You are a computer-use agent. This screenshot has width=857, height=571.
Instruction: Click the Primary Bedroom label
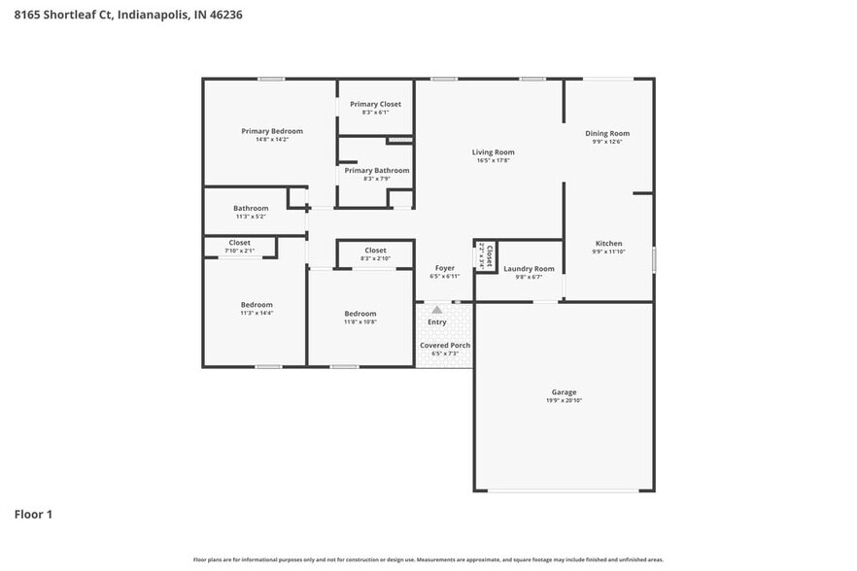(272, 131)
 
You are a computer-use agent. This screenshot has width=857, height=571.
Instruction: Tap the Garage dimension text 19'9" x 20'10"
(565, 400)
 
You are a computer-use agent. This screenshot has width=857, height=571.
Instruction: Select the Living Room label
(493, 151)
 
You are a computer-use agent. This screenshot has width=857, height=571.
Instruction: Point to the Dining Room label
(607, 133)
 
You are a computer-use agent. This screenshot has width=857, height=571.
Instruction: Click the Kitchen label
(608, 243)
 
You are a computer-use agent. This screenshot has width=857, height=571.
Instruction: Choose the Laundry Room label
(529, 268)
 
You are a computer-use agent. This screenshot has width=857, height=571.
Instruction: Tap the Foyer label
(444, 268)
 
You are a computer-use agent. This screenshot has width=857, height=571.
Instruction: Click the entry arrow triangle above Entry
(437, 310)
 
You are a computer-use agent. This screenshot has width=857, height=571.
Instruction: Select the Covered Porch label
(444, 345)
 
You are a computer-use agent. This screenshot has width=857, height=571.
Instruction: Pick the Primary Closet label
(375, 104)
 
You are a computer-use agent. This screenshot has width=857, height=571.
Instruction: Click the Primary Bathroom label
(376, 170)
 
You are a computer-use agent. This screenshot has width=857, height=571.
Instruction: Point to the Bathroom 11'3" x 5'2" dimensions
(251, 217)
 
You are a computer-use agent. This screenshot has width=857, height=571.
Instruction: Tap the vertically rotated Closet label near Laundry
(489, 256)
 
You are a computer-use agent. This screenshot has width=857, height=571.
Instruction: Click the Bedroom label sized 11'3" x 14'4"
(257, 304)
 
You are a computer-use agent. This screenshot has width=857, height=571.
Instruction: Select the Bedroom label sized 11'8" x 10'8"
(360, 313)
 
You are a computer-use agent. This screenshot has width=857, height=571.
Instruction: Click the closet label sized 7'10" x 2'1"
(239, 243)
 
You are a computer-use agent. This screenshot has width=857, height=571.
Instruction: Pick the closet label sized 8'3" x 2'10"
(375, 251)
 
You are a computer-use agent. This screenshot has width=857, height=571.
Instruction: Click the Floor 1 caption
(33, 514)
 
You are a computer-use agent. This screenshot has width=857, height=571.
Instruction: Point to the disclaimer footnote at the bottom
(428, 559)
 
